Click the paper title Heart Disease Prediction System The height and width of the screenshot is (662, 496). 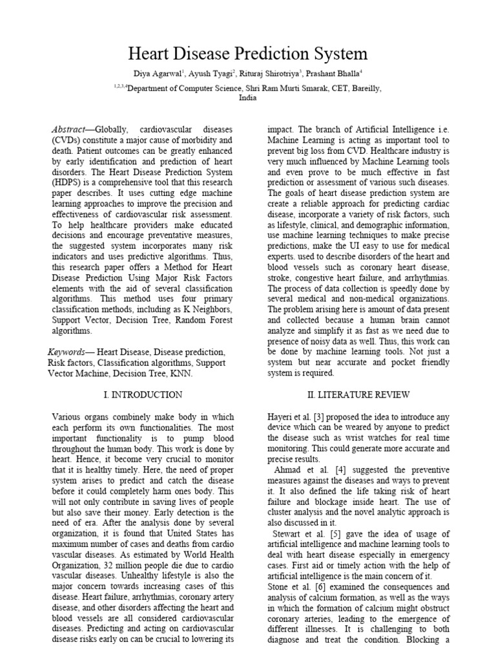pyautogui.click(x=248, y=53)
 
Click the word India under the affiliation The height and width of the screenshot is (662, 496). pyautogui.click(x=248, y=98)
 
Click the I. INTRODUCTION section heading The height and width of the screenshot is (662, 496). pyautogui.click(x=142, y=394)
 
